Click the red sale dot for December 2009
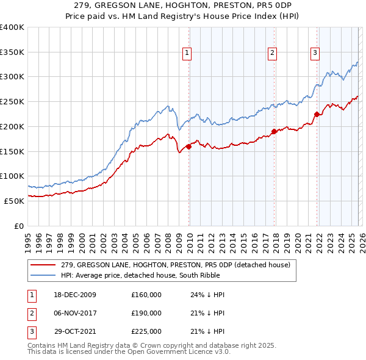coord(189,146)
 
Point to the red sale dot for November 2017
coord(274,131)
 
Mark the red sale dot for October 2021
coord(317,114)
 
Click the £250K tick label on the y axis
coord(12,101)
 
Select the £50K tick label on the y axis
coord(13,200)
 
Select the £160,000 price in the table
coord(146,295)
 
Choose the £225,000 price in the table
coord(146,331)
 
